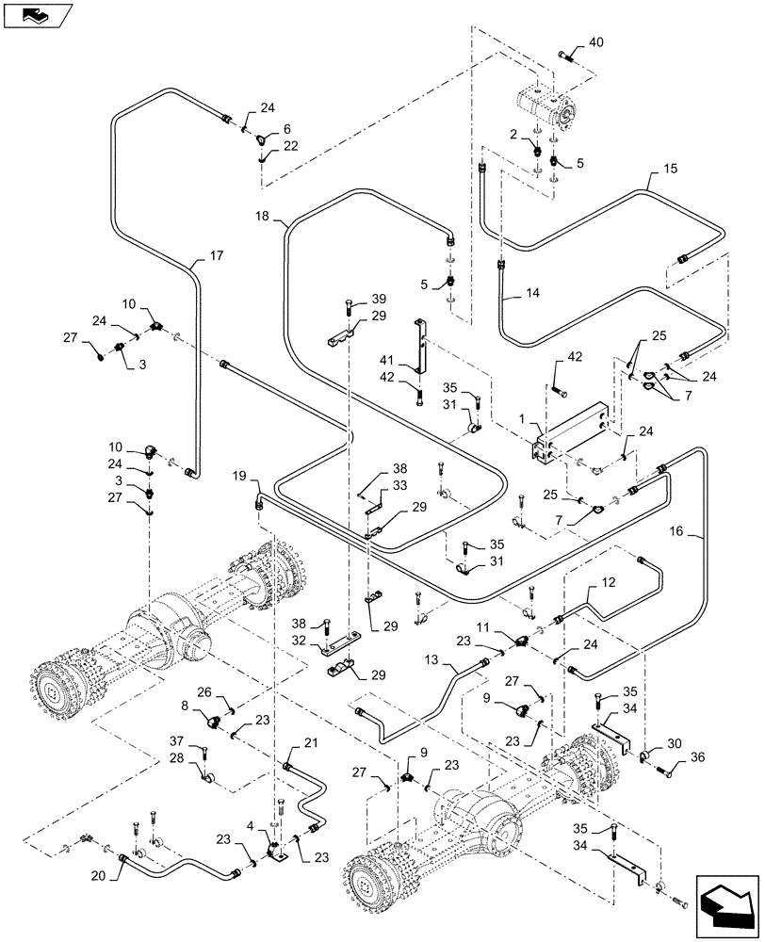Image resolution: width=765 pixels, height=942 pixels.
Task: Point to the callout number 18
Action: click(263, 216)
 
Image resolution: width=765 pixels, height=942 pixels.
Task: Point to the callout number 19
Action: click(240, 478)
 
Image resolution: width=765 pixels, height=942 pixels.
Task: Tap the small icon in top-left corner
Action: click(35, 14)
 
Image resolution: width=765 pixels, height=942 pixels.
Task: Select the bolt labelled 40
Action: click(570, 56)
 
